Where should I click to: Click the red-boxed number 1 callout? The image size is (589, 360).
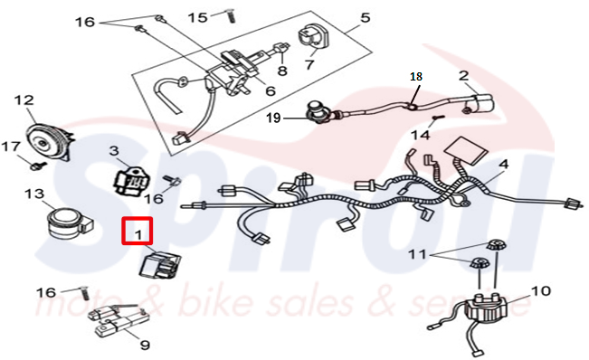coord(138,231)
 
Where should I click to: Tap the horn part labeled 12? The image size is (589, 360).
coord(49,139)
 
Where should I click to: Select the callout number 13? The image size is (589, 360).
coord(34,194)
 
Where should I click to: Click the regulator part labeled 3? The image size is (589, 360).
coord(131,181)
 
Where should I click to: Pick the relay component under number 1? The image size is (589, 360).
coord(160,265)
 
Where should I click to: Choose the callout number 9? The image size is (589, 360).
coord(145,345)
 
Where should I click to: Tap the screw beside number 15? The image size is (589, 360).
coord(231,15)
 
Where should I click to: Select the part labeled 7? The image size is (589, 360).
coord(313,38)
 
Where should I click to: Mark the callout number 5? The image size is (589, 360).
coord(365,17)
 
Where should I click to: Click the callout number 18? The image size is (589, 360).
coord(416,77)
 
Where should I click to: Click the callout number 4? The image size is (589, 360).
coord(503,164)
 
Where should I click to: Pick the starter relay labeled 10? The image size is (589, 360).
coord(485,307)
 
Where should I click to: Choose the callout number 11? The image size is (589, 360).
coord(417,254)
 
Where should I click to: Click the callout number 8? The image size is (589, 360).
coord(282,71)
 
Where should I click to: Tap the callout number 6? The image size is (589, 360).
coord(271,90)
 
